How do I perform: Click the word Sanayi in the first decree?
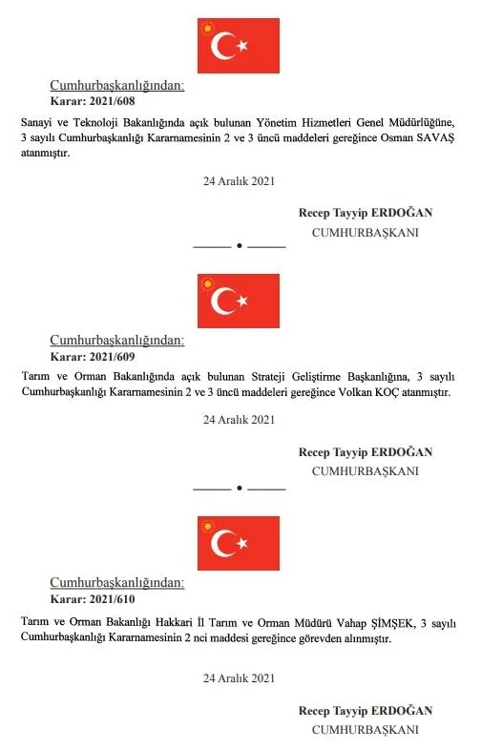click(x=35, y=122)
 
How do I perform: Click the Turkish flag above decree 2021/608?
click(x=238, y=45)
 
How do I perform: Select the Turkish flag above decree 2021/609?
click(x=238, y=302)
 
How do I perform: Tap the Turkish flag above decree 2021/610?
click(x=238, y=546)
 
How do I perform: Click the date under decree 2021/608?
click(x=240, y=181)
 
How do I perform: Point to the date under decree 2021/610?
click(x=240, y=678)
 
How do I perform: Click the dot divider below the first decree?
click(x=240, y=246)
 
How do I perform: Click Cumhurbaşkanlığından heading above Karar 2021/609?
click(x=116, y=341)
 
